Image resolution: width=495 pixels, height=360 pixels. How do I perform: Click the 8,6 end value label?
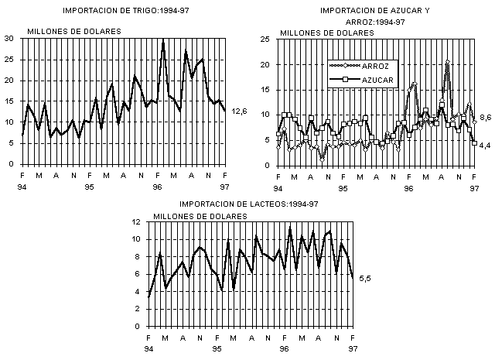(486, 118)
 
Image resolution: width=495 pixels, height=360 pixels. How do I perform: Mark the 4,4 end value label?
(486, 145)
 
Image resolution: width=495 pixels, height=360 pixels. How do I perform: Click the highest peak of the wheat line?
(163, 39)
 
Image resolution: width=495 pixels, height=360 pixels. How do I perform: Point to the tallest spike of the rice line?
(447, 60)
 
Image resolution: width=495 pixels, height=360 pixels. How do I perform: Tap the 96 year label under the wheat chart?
(158, 187)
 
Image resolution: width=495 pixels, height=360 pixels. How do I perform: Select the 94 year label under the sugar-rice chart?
(278, 188)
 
